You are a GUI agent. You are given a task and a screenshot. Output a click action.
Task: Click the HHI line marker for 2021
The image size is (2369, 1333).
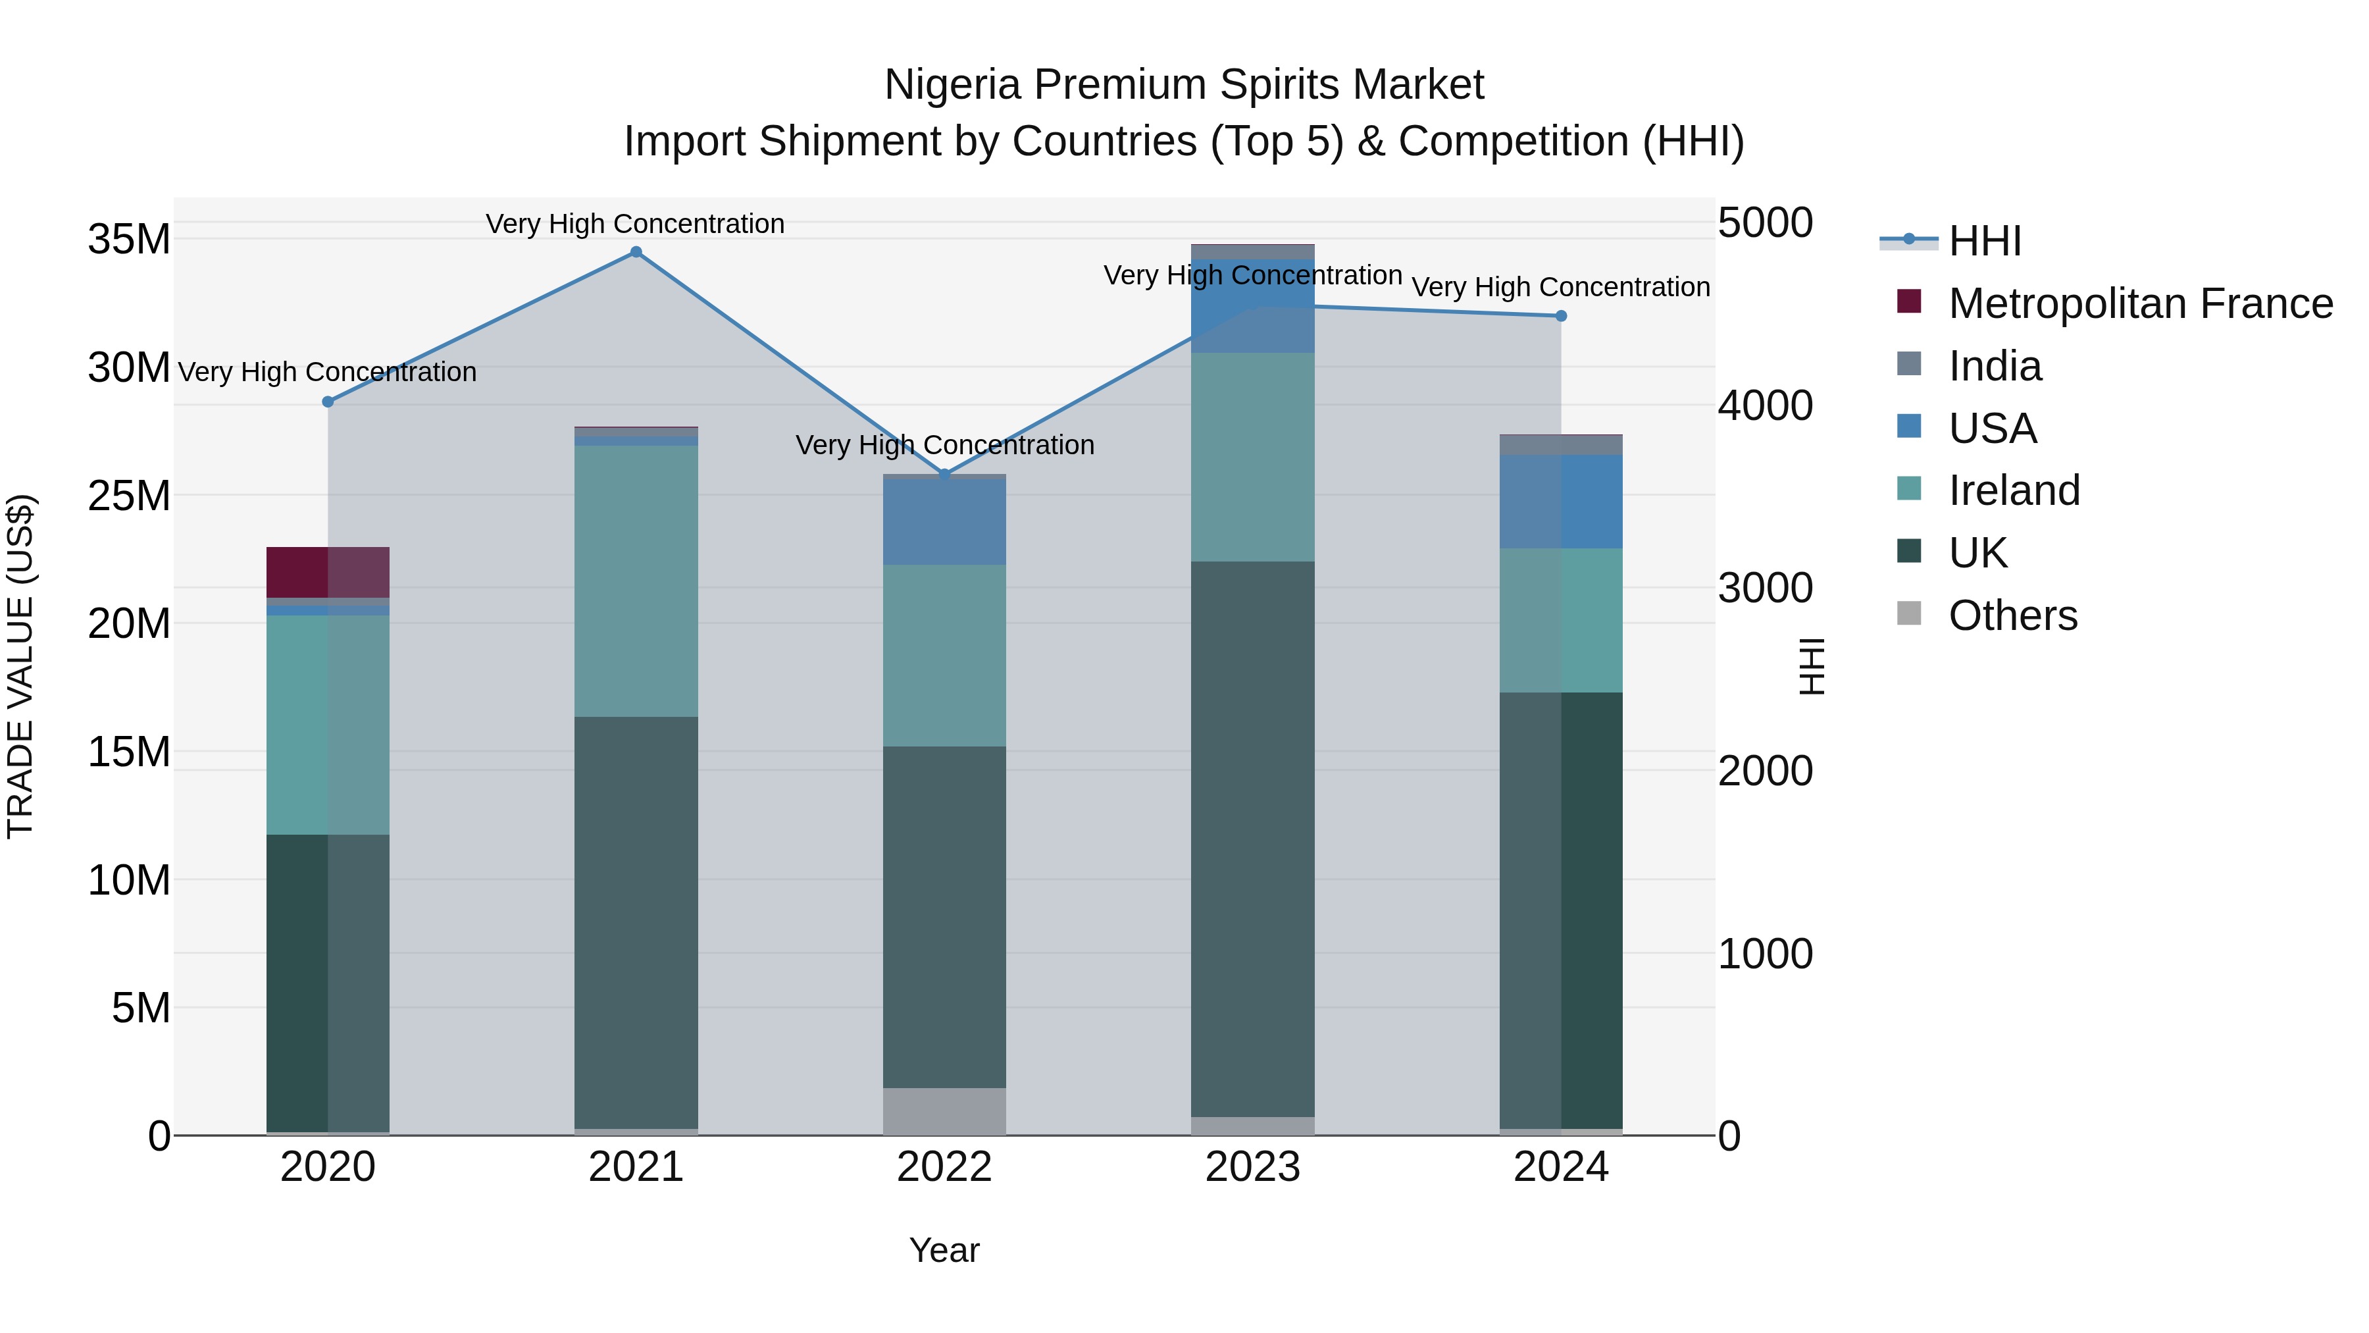636,252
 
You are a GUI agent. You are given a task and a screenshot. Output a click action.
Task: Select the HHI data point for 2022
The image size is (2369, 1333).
944,475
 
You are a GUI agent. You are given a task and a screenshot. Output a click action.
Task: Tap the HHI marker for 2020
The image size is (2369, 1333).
328,402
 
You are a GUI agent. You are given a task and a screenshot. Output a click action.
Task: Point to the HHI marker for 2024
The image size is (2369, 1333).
1561,317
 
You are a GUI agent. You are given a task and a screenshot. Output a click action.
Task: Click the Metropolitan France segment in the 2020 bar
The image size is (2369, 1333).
328,572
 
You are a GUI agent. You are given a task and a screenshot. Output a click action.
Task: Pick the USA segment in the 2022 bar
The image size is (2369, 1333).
944,521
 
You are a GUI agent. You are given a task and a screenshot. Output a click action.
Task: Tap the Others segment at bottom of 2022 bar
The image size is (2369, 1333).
944,1111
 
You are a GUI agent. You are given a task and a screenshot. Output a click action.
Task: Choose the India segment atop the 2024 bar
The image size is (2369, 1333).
1561,445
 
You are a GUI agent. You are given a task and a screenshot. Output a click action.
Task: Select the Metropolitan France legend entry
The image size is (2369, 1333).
2139,303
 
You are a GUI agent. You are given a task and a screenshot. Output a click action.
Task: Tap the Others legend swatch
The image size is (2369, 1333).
1909,614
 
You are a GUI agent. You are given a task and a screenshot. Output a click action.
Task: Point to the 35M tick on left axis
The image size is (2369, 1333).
129,239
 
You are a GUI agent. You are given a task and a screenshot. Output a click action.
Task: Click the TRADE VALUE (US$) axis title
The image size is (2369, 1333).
20,666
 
